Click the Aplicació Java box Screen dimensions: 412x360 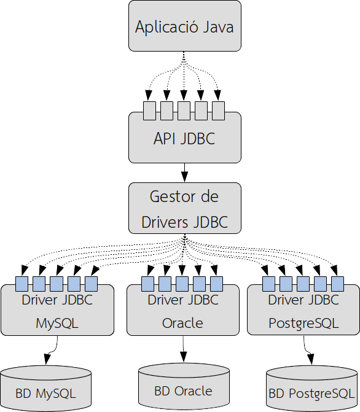coord(184,27)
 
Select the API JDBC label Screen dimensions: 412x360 coord(184,139)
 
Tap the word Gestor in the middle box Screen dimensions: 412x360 coord(167,197)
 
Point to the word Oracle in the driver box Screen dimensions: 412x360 coord(182,323)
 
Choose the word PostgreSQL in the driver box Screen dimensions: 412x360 coord(303,323)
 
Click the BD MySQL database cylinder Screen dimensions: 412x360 coord(46,389)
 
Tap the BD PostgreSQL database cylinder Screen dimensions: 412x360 coord(311,391)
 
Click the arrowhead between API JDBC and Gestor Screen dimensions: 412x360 coord(184,175)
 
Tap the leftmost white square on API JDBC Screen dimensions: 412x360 coord(149,111)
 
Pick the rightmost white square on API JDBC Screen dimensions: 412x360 coord(218,111)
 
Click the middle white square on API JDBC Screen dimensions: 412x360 coord(184,111)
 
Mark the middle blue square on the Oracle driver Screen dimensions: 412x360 coord(182,284)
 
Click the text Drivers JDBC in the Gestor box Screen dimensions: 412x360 coord(184,222)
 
